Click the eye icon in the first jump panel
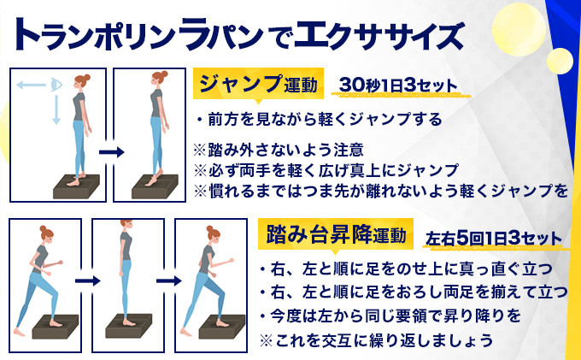(x=56, y=85)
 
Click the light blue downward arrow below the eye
(x=56, y=110)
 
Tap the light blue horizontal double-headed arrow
(x=32, y=86)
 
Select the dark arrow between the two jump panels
(x=112, y=152)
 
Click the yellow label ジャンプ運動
(x=258, y=84)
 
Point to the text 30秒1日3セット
(x=398, y=86)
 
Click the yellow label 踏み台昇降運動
(x=336, y=234)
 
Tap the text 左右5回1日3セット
(x=494, y=238)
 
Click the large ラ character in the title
(x=192, y=33)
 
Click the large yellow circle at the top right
(x=519, y=30)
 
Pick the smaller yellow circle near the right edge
(x=560, y=61)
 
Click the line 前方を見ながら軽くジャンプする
(x=320, y=120)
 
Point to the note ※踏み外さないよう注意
(x=279, y=150)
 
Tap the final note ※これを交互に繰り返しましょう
(x=376, y=340)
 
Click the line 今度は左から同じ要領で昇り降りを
(x=390, y=316)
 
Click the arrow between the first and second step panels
(x=88, y=281)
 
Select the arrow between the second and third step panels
(x=169, y=281)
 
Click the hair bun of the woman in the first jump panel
(x=86, y=78)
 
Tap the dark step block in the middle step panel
(x=128, y=326)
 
